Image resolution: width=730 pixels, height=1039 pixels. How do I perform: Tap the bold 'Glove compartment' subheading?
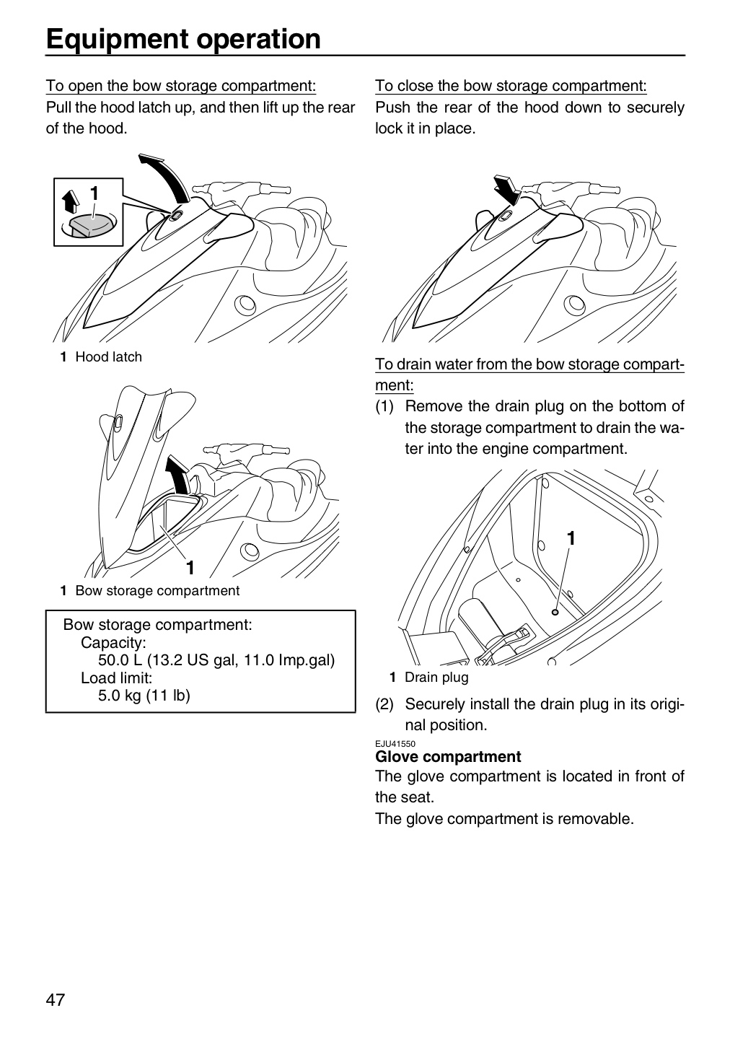(x=447, y=756)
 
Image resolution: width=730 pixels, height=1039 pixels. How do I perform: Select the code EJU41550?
(x=395, y=744)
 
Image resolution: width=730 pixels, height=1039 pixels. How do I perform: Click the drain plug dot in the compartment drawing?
(x=555, y=613)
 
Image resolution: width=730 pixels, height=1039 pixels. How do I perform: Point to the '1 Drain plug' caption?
(x=429, y=678)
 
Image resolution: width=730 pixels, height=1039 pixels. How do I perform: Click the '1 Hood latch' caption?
(x=101, y=356)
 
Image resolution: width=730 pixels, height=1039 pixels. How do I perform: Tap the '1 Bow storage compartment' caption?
(x=149, y=590)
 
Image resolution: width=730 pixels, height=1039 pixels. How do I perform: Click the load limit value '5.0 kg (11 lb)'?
(x=144, y=696)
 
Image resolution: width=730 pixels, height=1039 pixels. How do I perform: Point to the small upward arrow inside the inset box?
(x=71, y=201)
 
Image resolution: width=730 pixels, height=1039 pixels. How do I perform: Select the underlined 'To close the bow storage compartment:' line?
(x=511, y=86)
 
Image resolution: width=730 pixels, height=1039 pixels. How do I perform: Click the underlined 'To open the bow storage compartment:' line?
(x=181, y=86)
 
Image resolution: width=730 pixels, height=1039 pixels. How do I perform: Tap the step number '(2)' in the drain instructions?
(x=384, y=704)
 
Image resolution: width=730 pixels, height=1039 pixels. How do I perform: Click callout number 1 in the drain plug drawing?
(x=571, y=538)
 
